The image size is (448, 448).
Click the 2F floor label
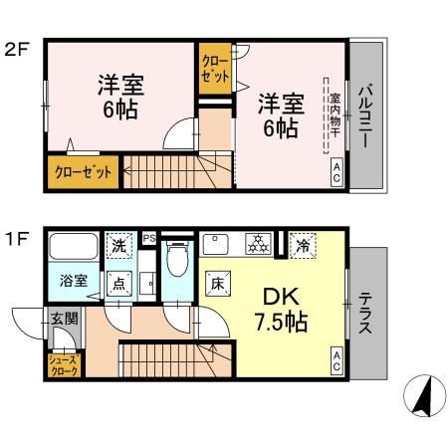point(17,50)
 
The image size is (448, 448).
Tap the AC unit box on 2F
point(336,172)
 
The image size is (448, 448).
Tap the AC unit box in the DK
point(336,361)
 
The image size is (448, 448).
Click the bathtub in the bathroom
point(74,247)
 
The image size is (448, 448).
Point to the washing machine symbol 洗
point(118,246)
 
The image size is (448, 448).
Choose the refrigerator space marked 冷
point(303,246)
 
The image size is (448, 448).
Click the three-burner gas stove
point(259,244)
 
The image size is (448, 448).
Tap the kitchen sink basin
point(216,244)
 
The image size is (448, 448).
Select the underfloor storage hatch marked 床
point(218,284)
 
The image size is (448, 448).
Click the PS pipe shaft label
point(149,238)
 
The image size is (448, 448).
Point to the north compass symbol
point(424,395)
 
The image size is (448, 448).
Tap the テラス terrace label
point(365,313)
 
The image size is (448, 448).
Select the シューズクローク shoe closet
point(64,365)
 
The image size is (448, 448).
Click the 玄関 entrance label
point(64,319)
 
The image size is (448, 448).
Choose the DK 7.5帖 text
point(281,310)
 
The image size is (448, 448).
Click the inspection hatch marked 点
point(119,284)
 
